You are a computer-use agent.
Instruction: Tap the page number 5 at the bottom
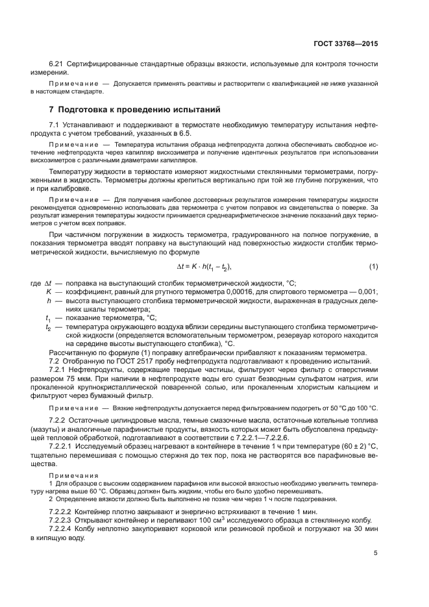click(375, 553)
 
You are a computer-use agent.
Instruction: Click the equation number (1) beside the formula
click(373, 267)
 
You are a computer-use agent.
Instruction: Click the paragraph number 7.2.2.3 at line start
click(64, 521)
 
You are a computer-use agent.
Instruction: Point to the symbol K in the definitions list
click(49, 292)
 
